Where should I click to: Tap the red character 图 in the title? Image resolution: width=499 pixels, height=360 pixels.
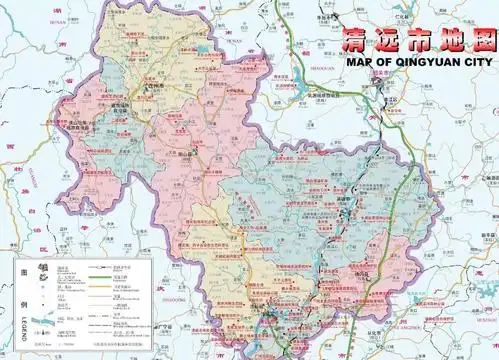click(483, 40)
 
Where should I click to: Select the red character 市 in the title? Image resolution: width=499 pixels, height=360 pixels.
click(419, 41)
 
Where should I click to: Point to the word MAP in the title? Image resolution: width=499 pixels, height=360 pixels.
click(360, 60)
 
